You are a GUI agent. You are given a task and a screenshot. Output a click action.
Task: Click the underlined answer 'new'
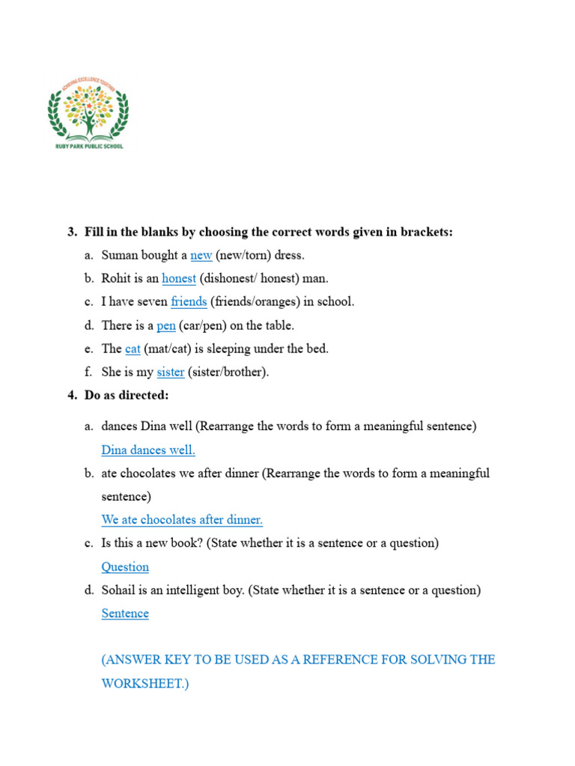(201, 255)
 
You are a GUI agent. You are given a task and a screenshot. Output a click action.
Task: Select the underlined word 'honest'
(179, 278)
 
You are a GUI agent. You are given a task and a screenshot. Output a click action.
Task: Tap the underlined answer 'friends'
(188, 301)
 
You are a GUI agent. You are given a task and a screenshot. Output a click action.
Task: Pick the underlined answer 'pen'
(166, 325)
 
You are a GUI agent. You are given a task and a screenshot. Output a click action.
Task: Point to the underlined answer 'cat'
(133, 349)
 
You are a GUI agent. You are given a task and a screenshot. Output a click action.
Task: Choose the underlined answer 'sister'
(171, 372)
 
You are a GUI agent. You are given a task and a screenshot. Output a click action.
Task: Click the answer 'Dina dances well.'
(148, 450)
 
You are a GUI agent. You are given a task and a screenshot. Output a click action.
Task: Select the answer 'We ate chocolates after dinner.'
(182, 519)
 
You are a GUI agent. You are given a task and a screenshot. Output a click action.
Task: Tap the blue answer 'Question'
(125, 566)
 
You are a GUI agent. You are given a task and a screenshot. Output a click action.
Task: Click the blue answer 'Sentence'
(125, 613)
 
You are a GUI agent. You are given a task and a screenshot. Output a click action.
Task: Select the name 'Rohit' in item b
(116, 278)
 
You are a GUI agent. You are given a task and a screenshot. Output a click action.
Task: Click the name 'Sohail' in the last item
(119, 590)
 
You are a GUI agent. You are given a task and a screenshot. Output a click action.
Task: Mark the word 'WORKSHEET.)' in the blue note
(145, 684)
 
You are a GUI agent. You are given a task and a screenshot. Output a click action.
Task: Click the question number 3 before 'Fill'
(73, 232)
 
